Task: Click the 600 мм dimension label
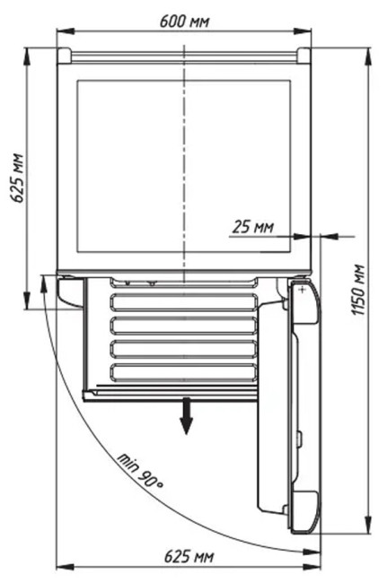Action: [x=184, y=22]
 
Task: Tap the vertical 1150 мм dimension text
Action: [x=358, y=290]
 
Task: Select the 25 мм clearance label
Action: [x=253, y=226]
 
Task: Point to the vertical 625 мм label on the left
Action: [x=17, y=178]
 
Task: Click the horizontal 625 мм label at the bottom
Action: [x=189, y=557]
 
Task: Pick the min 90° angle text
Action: [x=141, y=471]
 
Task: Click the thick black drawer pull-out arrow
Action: [x=186, y=415]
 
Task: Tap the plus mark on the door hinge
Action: [x=303, y=290]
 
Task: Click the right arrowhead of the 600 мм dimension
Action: [x=303, y=31]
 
